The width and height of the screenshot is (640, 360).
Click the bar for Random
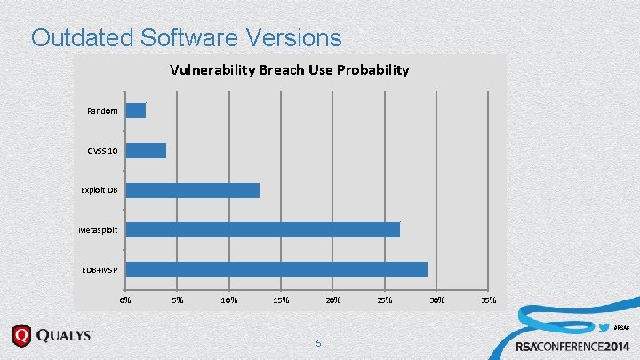[x=135, y=111]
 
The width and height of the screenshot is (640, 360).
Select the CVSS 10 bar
[x=146, y=151]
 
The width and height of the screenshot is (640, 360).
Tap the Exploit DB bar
[x=192, y=190]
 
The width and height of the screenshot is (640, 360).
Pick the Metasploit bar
[x=262, y=230]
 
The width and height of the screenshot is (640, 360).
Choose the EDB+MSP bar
[x=276, y=269]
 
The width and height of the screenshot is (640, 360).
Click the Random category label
[x=103, y=111]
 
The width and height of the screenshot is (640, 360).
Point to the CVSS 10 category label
[x=102, y=151]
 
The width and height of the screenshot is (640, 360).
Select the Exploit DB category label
[x=100, y=190]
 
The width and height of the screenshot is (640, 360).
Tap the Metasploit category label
[x=98, y=230]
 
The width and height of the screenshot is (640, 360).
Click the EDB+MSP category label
[x=100, y=269]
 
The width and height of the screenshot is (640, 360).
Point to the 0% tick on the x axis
[x=125, y=300]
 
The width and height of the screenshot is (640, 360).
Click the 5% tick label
[x=178, y=300]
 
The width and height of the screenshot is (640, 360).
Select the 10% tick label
[x=229, y=300]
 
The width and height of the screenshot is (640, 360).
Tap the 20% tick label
[x=332, y=300]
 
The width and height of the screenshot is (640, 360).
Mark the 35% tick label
[x=488, y=300]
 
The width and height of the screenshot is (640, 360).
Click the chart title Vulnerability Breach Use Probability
[x=291, y=69]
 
